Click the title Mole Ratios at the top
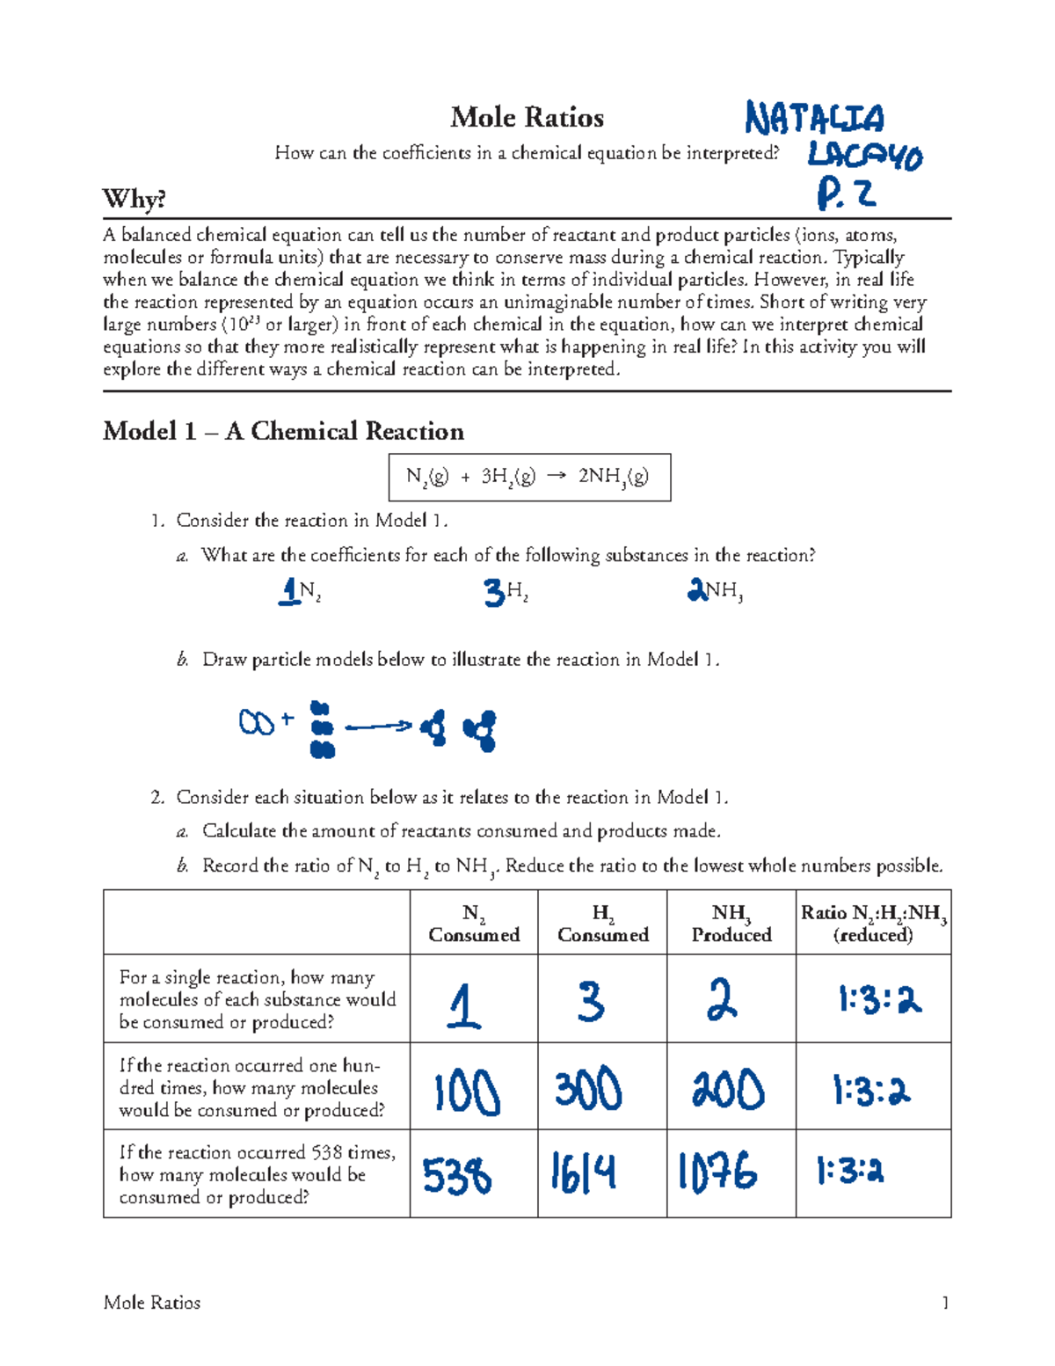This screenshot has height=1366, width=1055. point(527,117)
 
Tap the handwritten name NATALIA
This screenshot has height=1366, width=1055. point(814,118)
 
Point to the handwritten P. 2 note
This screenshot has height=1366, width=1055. point(845,194)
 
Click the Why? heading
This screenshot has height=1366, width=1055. point(135,199)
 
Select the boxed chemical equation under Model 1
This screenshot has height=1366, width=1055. point(529,477)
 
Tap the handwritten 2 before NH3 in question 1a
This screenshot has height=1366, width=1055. point(696,590)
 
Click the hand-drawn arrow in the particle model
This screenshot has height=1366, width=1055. point(378,727)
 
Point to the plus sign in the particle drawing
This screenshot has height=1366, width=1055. point(287,721)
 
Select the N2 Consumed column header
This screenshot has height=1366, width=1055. point(474,923)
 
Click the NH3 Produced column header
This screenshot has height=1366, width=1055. point(731,923)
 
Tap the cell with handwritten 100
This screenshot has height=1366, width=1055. point(467,1092)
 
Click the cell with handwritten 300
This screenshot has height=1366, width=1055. point(588,1090)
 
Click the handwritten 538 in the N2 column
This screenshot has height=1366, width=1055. point(456,1176)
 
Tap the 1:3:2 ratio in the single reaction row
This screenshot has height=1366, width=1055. point(878,999)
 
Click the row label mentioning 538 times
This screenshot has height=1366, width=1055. point(257,1174)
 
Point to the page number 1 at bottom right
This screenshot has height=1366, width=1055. point(945,1303)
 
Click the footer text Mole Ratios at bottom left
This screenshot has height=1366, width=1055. point(152,1303)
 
